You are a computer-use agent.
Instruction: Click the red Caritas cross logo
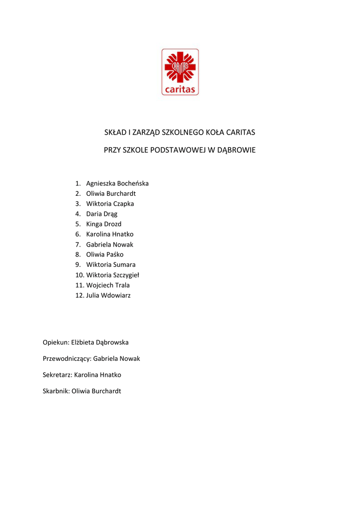[x=180, y=72]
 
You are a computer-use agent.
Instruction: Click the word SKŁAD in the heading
[x=114, y=133]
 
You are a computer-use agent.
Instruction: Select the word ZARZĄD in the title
[x=145, y=133]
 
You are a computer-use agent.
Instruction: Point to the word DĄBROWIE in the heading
[x=235, y=150]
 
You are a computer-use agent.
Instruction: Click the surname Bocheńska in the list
[x=133, y=183]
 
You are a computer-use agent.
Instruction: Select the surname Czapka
[x=124, y=204]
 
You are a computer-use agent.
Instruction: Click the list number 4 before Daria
[x=78, y=214]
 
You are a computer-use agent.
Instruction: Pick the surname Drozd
[x=112, y=224]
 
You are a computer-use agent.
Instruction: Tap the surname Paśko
[x=115, y=254]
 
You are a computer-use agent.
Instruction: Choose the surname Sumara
[x=124, y=265]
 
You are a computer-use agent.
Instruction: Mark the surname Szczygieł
[x=126, y=275]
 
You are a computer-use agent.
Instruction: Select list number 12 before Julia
[x=80, y=295]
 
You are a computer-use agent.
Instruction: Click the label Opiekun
[x=55, y=342]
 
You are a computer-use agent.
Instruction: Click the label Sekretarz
[x=57, y=375]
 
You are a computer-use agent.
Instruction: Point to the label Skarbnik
[x=56, y=391]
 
